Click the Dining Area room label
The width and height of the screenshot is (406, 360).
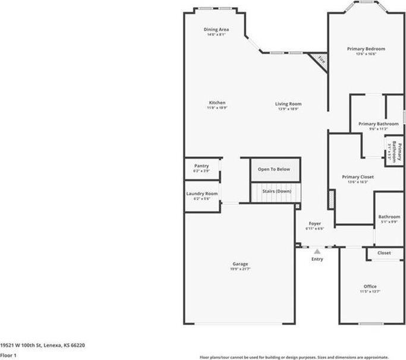point(216,29)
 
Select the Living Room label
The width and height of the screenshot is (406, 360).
point(288,104)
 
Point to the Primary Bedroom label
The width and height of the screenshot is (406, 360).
point(366,49)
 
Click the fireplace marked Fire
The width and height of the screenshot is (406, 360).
point(321,60)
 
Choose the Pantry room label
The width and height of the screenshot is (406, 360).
point(201,166)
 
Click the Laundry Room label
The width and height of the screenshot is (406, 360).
point(202,194)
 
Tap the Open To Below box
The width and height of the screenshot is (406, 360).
point(274,169)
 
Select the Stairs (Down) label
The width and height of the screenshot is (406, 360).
point(274,191)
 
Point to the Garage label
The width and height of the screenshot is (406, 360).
point(240,264)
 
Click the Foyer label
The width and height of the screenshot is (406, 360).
point(314,223)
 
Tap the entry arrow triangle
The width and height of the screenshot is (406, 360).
point(317,251)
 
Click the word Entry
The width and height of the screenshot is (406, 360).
point(317,259)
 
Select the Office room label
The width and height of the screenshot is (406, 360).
point(370,286)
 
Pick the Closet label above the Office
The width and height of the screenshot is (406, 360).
point(384,253)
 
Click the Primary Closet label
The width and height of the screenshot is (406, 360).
point(358,177)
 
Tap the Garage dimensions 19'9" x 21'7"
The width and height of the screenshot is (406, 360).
point(240,269)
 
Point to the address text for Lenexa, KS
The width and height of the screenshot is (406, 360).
point(42,345)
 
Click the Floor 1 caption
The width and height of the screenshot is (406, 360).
point(8,356)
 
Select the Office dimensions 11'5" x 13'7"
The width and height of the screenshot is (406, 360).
point(370,292)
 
